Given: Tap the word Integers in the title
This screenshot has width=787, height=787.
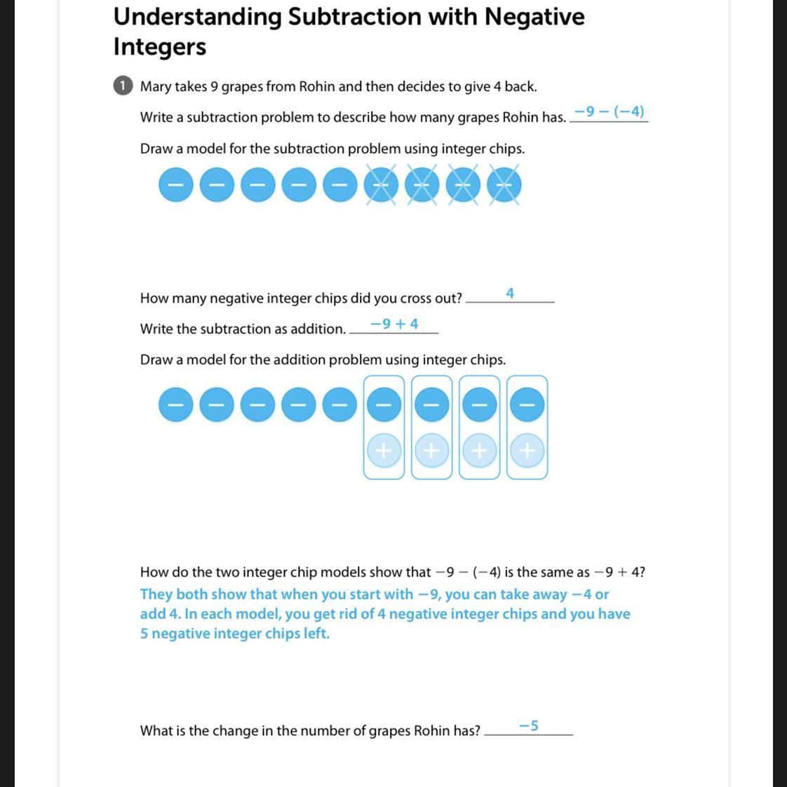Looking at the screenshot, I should [x=160, y=47].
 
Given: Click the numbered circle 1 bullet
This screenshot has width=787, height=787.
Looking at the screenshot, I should [x=122, y=85].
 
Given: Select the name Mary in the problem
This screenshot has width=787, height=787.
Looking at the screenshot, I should [x=155, y=86].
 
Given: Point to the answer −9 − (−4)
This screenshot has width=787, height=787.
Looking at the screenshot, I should [x=609, y=111].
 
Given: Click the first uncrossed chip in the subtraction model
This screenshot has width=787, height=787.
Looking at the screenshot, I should [x=175, y=185].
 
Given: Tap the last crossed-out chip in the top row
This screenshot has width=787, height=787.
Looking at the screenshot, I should [x=504, y=185].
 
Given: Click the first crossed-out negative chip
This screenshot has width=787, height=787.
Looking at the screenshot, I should [x=381, y=185].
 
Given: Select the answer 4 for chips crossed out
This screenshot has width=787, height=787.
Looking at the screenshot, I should [x=510, y=293].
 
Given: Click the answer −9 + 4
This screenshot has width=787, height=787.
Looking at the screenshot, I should [x=394, y=324].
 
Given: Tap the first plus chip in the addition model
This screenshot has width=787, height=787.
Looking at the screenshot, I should [x=384, y=451].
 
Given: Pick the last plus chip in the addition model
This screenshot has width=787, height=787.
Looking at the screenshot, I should [x=527, y=451].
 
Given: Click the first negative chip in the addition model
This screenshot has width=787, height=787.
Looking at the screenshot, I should [x=175, y=405].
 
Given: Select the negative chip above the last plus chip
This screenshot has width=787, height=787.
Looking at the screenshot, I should [x=527, y=405].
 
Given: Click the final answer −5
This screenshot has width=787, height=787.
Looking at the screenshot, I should [x=529, y=725].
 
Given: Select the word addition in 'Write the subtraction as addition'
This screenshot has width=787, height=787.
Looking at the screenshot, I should [x=317, y=329].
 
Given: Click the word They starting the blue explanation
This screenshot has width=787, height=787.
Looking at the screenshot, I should [x=156, y=594].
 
